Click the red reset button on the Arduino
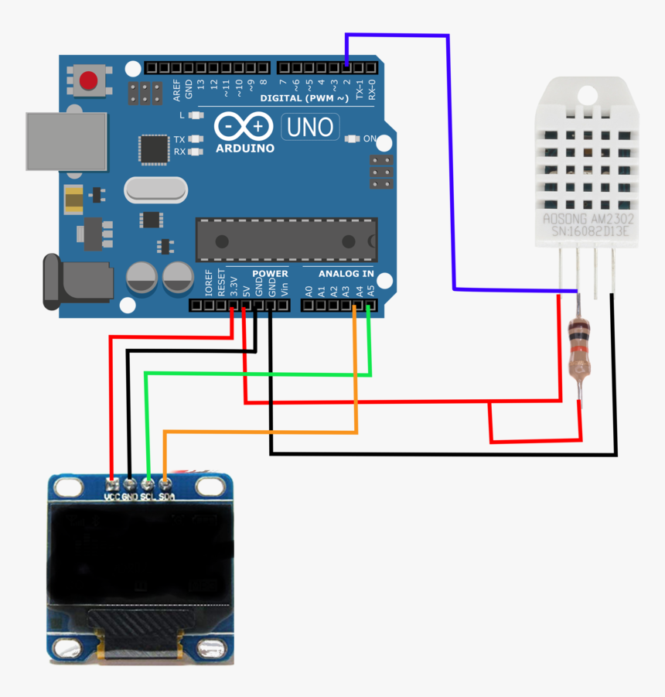pyautogui.click(x=90, y=80)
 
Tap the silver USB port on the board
pyautogui.click(x=66, y=141)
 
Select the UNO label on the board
pyautogui.click(x=310, y=127)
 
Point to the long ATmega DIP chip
pyautogui.click(x=286, y=239)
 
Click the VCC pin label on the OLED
pyautogui.click(x=112, y=497)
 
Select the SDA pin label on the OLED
pyautogui.click(x=166, y=497)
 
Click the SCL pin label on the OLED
pyautogui.click(x=148, y=497)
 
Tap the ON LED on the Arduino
pyautogui.click(x=353, y=139)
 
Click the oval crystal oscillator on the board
pyautogui.click(x=155, y=189)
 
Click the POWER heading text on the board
pyautogui.click(x=270, y=274)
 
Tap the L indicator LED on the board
pyautogui.click(x=194, y=114)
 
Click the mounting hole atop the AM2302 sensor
pyautogui.click(x=586, y=95)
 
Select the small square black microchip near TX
pyautogui.click(x=153, y=149)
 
